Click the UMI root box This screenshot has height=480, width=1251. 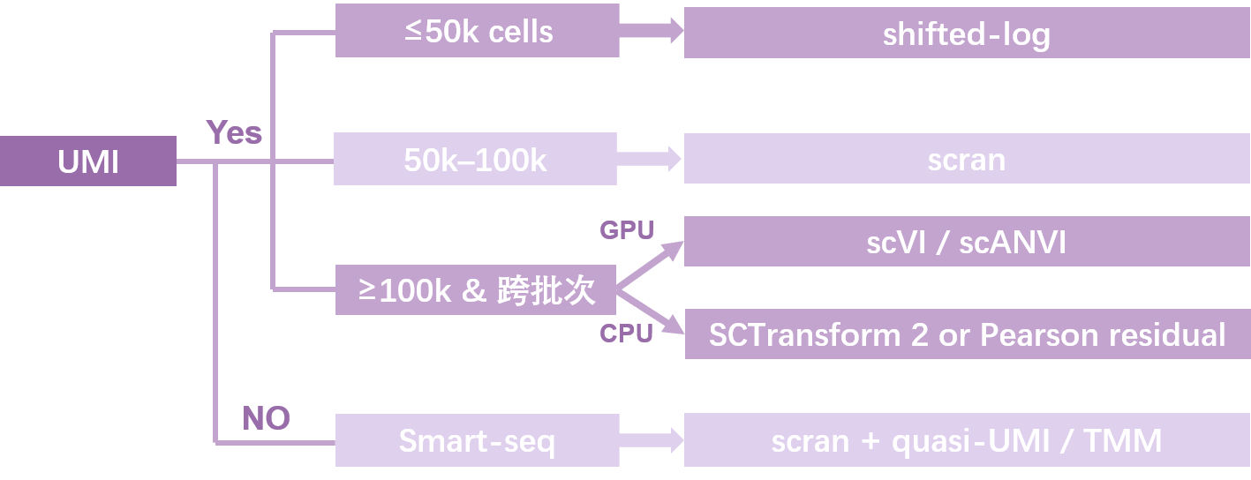pos(87,161)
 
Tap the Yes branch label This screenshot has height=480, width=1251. pos(234,133)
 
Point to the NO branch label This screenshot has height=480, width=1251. pos(266,418)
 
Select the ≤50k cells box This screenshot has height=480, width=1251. pos(477,33)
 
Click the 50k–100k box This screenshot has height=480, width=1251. pos(475,160)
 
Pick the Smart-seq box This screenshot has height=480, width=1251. pos(477,440)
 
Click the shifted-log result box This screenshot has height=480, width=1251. pos(967,34)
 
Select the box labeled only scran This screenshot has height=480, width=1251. pos(967,160)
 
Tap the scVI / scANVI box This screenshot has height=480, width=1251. pos(967,242)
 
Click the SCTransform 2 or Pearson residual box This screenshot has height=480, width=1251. pos(967,334)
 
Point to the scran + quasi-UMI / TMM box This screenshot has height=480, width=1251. pos(967,440)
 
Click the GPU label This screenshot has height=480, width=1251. pos(627,230)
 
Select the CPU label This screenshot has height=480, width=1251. pos(626,334)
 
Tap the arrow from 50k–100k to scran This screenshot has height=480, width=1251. pos(650,160)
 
